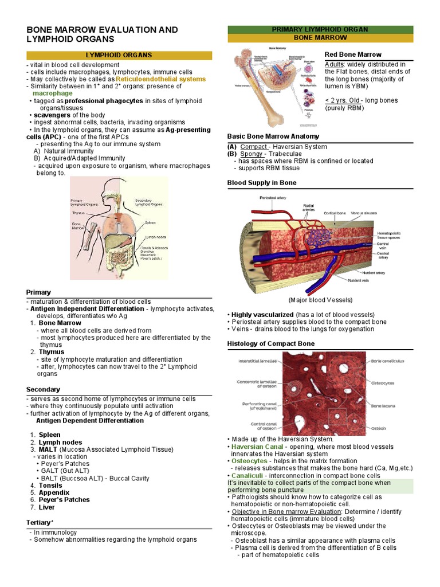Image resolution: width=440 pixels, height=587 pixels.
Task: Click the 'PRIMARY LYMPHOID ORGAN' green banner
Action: pos(320,29)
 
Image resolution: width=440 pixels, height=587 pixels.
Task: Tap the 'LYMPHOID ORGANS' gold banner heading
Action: pos(119,55)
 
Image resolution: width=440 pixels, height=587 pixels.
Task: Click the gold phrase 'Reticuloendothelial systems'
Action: pos(160,79)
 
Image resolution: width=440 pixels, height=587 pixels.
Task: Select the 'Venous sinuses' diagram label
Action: pos(364,213)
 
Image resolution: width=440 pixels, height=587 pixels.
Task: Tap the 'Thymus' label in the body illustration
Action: pos(78,213)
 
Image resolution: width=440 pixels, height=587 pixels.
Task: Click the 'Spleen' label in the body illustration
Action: pos(150,222)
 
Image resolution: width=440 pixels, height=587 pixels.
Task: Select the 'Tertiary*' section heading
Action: pos(40,522)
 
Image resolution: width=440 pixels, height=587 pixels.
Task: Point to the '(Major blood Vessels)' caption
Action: pos(320,300)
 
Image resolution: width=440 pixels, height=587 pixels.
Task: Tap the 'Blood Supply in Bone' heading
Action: pos(262,182)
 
